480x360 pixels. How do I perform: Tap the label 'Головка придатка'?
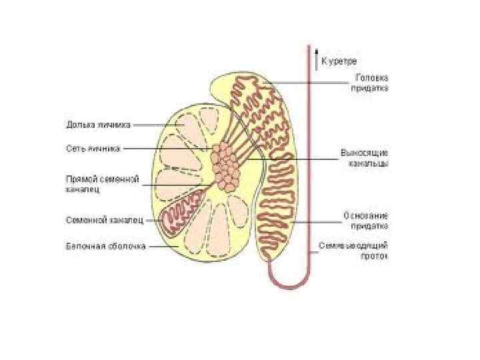tap(371, 82)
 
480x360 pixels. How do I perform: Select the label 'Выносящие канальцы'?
tap(364, 157)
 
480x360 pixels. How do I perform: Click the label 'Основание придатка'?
tap(366, 221)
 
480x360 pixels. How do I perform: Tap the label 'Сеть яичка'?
tap(93, 149)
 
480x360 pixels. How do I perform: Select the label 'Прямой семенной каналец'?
tap(101, 184)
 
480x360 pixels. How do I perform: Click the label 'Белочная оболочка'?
tap(105, 246)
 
